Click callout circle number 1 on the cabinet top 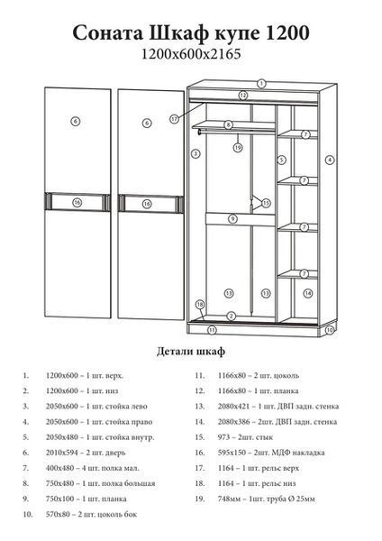(261, 84)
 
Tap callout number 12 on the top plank (243, 96)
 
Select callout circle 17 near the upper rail (175, 119)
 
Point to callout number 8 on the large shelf (228, 125)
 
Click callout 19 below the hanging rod (238, 148)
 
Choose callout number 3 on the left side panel (196, 153)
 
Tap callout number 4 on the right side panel (330, 160)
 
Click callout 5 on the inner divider (282, 160)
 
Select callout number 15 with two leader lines (266, 203)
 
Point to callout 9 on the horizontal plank (233, 219)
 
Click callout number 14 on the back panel (308, 293)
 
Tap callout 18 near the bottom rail (200, 305)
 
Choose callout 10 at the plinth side (330, 330)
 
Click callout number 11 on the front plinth (212, 330)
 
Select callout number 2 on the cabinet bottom (232, 316)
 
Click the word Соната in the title (108, 33)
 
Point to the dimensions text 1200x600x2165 (191, 54)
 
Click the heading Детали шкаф (191, 352)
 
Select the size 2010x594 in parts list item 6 (61, 453)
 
